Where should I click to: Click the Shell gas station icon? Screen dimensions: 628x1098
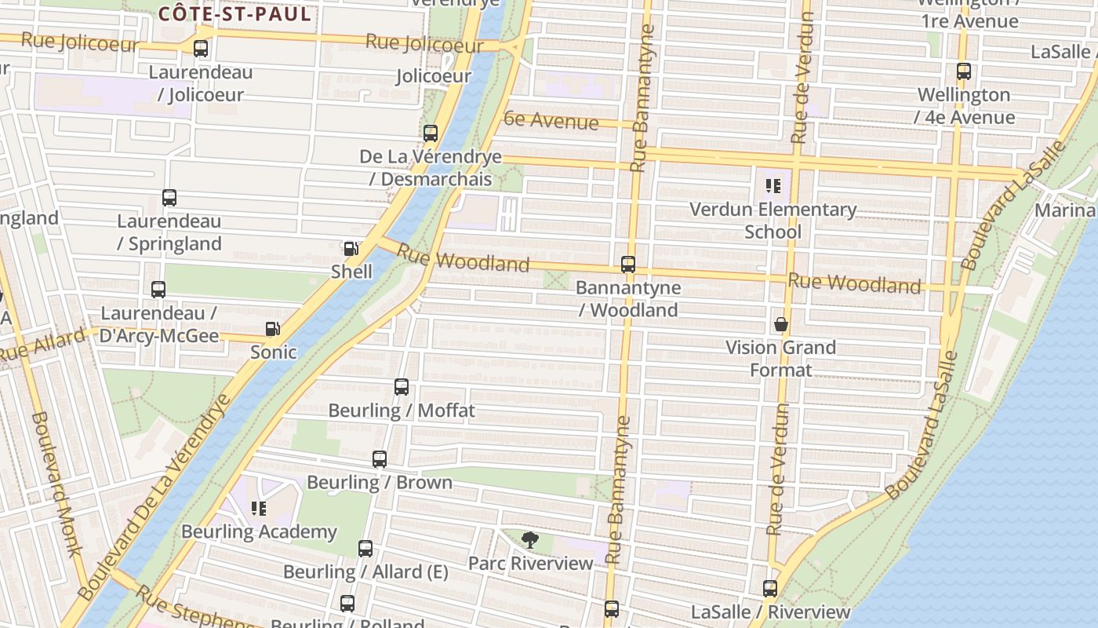pyautogui.click(x=351, y=249)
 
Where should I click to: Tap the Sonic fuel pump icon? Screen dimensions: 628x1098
pyautogui.click(x=272, y=329)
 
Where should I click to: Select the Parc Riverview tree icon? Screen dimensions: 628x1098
pyautogui.click(x=530, y=540)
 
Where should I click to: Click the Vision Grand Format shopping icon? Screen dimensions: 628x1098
pyautogui.click(x=781, y=324)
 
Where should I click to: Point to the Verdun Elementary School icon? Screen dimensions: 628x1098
pyautogui.click(x=773, y=186)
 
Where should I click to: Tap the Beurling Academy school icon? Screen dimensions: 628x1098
pyautogui.click(x=259, y=509)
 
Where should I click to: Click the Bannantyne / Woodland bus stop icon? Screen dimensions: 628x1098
pyautogui.click(x=627, y=265)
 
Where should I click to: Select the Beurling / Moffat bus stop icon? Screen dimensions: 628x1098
pyautogui.click(x=402, y=387)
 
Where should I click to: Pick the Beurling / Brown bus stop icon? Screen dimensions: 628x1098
pyautogui.click(x=380, y=459)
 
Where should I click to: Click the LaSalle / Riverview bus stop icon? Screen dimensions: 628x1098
pyautogui.click(x=770, y=589)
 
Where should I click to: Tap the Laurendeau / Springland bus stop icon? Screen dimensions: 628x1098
pyautogui.click(x=169, y=198)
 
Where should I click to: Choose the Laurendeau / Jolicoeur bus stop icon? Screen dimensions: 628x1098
pyautogui.click(x=201, y=49)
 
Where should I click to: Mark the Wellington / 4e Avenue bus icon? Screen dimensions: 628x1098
pyautogui.click(x=964, y=71)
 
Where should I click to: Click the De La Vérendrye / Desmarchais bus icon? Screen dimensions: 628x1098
pyautogui.click(x=431, y=133)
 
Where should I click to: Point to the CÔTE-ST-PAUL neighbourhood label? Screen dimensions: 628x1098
pyautogui.click(x=235, y=14)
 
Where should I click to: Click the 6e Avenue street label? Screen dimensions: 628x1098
pyautogui.click(x=551, y=120)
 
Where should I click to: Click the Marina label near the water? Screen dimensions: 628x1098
pyautogui.click(x=1065, y=210)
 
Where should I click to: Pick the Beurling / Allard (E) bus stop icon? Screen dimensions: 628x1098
pyautogui.click(x=365, y=549)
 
